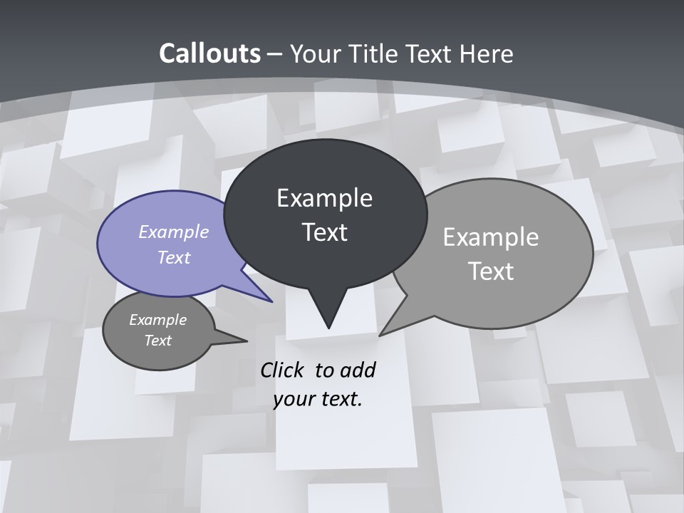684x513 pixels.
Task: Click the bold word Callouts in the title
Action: (x=209, y=53)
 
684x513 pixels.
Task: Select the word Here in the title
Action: (x=487, y=53)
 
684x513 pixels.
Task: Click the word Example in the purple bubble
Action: (x=174, y=232)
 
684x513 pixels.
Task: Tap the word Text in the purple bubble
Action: (x=174, y=257)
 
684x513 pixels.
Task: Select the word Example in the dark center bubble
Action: (x=324, y=198)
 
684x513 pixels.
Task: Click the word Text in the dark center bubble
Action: (x=324, y=232)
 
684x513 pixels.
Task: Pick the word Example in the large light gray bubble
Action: (x=490, y=237)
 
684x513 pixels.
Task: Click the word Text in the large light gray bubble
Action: (x=490, y=271)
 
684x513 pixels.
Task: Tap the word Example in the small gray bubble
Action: (x=157, y=320)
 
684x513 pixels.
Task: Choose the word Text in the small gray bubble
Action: (x=157, y=341)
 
